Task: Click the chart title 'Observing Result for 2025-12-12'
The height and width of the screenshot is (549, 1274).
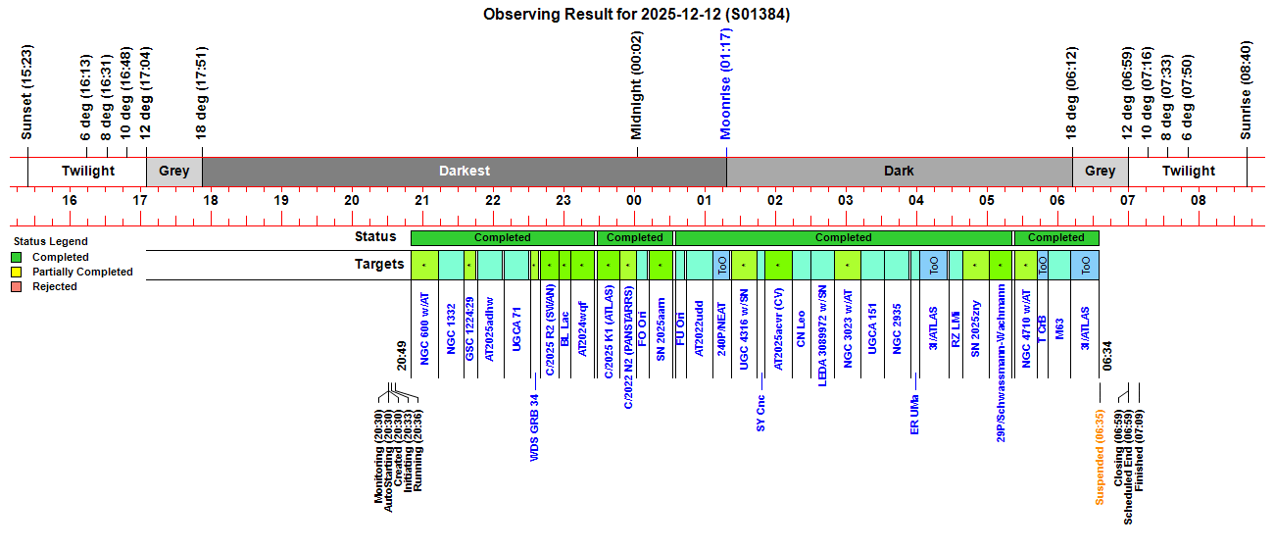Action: pyautogui.click(x=636, y=15)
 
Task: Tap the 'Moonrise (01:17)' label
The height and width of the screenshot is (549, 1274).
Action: pyautogui.click(x=726, y=84)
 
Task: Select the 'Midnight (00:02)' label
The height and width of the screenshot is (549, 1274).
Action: pyautogui.click(x=637, y=85)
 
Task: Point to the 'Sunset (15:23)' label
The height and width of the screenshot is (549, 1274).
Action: pyautogui.click(x=27, y=92)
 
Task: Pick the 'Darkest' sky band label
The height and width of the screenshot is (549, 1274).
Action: pyautogui.click(x=465, y=171)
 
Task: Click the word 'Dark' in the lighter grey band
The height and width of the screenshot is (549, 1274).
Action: pyautogui.click(x=899, y=171)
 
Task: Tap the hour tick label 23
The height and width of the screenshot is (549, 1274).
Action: pyautogui.click(x=563, y=201)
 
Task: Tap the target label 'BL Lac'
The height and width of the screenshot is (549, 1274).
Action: pyautogui.click(x=565, y=330)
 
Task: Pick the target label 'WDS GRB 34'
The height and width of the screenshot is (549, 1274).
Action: pyautogui.click(x=534, y=427)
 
